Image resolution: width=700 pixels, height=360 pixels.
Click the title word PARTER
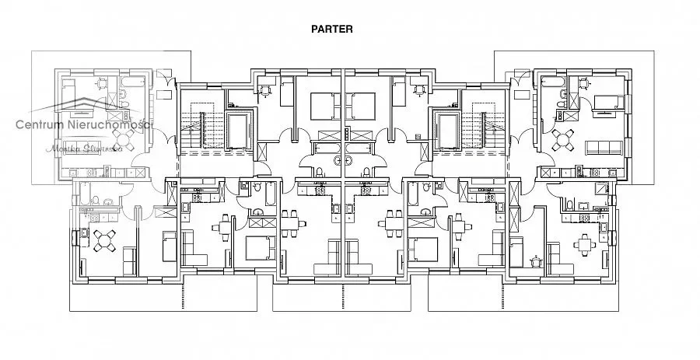pyautogui.click(x=332, y=30)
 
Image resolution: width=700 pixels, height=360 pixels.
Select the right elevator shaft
pyautogui.click(x=449, y=128)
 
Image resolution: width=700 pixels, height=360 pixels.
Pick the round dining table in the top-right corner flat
pyautogui.click(x=562, y=141)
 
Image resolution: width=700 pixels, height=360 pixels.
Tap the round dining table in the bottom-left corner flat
pyautogui.click(x=101, y=242)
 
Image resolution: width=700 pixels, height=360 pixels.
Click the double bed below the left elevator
pyautogui.click(x=258, y=248)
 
